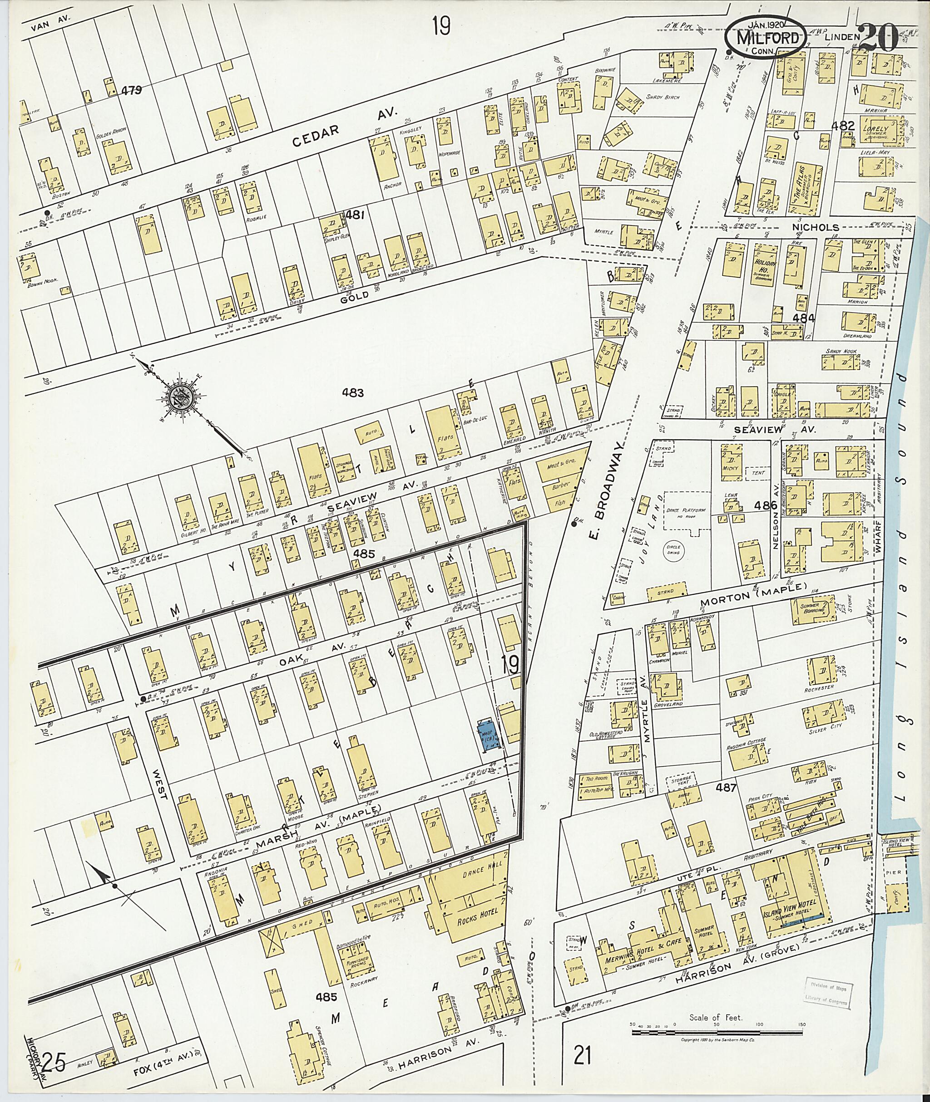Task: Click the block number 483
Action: (x=352, y=393)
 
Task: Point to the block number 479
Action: (x=132, y=91)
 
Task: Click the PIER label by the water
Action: (x=893, y=873)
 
